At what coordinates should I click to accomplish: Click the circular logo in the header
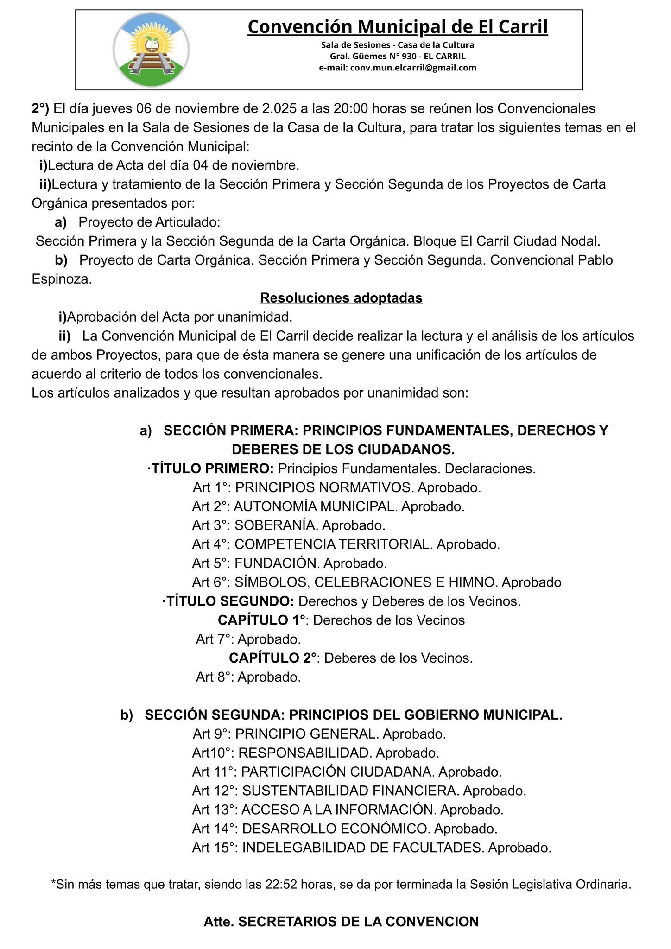pos(151,50)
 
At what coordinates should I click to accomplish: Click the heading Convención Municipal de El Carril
pos(398,27)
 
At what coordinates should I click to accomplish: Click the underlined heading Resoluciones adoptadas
pos(341,297)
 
